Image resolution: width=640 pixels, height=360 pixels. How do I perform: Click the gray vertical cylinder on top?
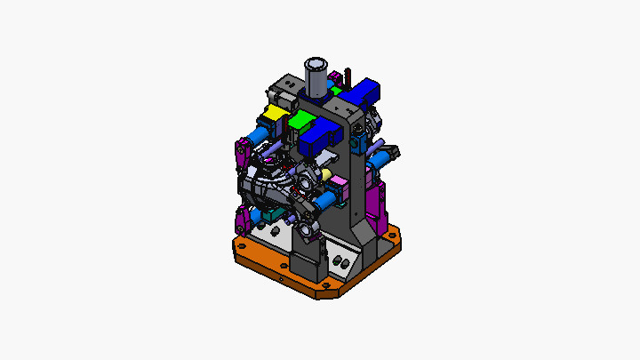pos(315,78)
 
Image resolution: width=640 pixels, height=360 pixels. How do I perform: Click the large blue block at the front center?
pos(317,136)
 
